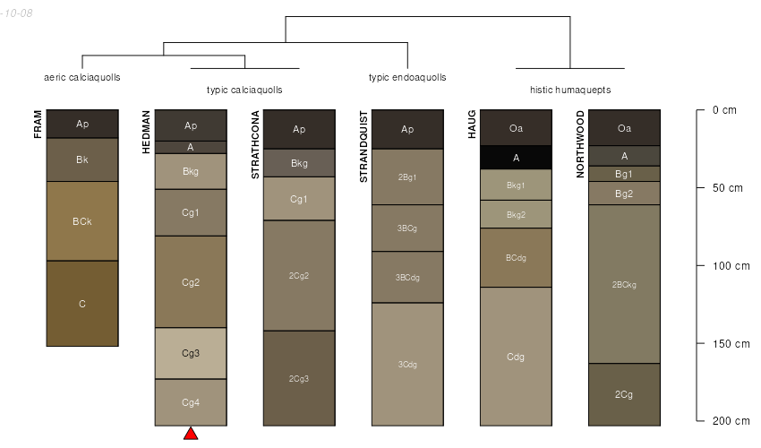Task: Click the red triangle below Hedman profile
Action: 191,434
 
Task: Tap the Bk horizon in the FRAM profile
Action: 82,159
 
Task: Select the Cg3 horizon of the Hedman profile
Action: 191,353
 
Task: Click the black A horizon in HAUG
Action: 516,157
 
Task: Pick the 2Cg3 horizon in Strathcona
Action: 299,378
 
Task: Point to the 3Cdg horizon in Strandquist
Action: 407,364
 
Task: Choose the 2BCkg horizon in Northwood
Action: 624,284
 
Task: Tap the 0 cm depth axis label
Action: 724,110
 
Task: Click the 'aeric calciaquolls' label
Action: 82,77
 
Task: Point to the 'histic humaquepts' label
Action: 570,90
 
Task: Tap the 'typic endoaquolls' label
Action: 407,77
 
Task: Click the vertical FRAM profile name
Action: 38,124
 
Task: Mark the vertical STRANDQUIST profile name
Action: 363,147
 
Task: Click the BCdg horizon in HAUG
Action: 516,257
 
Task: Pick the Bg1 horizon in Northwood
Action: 624,174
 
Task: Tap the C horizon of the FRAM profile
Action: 82,304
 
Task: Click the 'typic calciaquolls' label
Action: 244,90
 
